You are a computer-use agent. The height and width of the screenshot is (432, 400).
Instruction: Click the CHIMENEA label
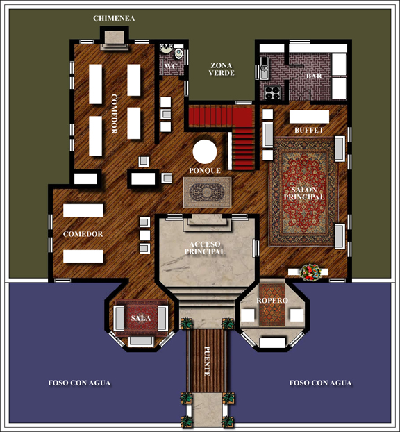(x=114, y=19)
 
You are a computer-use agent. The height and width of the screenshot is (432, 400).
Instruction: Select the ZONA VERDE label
(x=222, y=69)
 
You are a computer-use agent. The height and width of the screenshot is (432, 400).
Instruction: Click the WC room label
(x=170, y=67)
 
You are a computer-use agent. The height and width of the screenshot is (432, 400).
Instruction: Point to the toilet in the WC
(x=178, y=53)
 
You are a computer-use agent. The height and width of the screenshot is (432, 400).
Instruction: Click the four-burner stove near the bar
(x=272, y=92)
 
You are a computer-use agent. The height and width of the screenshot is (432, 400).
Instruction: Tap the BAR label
(x=314, y=76)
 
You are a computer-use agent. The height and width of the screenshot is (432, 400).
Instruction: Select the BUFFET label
(x=309, y=130)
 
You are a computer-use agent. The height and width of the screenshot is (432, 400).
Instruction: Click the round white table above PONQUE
(x=205, y=152)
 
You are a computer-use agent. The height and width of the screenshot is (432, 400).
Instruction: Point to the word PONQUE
(x=205, y=171)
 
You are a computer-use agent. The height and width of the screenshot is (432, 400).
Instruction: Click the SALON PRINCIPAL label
(x=304, y=193)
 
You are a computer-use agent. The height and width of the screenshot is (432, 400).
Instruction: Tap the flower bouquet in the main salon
(x=310, y=272)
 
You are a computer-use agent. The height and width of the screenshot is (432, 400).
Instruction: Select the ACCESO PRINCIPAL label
(x=205, y=248)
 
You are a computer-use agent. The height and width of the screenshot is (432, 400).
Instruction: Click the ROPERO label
(x=272, y=300)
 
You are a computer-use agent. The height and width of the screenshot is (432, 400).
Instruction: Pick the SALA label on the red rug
(x=141, y=318)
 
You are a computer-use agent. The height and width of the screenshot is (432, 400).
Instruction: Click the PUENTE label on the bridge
(x=207, y=361)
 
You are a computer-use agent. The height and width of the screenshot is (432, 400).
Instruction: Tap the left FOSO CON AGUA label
(x=79, y=383)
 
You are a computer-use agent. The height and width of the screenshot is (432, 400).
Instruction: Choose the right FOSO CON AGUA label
(x=320, y=383)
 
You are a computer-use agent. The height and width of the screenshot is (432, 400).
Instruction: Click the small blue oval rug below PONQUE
(x=207, y=192)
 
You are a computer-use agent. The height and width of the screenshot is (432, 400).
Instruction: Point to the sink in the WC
(x=166, y=49)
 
